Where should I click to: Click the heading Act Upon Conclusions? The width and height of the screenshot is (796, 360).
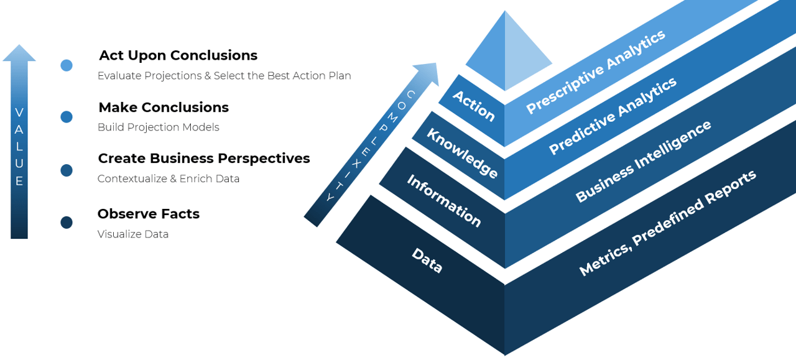[178, 55]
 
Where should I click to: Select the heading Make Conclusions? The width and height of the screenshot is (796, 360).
[164, 108]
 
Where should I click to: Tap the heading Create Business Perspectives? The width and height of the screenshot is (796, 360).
[204, 159]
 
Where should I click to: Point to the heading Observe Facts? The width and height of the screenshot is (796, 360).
[149, 214]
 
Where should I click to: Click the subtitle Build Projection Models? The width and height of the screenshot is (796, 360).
[159, 127]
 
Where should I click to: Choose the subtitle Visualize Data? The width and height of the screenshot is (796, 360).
[133, 234]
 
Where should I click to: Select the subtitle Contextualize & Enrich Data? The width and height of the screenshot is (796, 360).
[169, 179]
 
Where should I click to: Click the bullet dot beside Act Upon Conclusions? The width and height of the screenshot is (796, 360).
[67, 65]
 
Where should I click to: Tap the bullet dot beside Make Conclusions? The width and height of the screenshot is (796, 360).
[67, 117]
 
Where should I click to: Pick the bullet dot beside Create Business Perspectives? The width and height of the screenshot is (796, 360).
[67, 170]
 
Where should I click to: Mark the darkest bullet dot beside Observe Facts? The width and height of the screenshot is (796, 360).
[67, 223]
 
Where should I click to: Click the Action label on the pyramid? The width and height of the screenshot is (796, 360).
[474, 106]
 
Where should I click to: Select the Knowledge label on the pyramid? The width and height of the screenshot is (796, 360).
[462, 154]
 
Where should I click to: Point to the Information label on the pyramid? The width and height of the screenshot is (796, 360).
[444, 200]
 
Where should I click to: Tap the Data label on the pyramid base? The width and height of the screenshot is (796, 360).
[427, 261]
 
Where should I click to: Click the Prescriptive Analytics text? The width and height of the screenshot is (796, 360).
[595, 72]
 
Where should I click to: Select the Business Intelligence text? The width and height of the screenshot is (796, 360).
[643, 162]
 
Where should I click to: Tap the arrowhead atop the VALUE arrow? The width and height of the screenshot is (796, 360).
[19, 53]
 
